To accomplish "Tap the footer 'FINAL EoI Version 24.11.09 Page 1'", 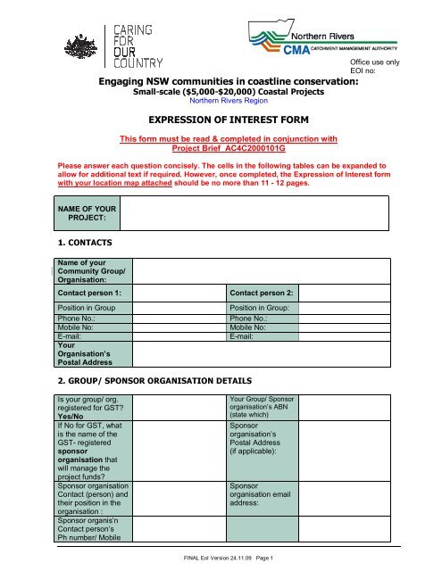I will tap(221, 558).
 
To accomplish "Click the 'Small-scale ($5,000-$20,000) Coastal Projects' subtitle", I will tap(221, 91).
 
